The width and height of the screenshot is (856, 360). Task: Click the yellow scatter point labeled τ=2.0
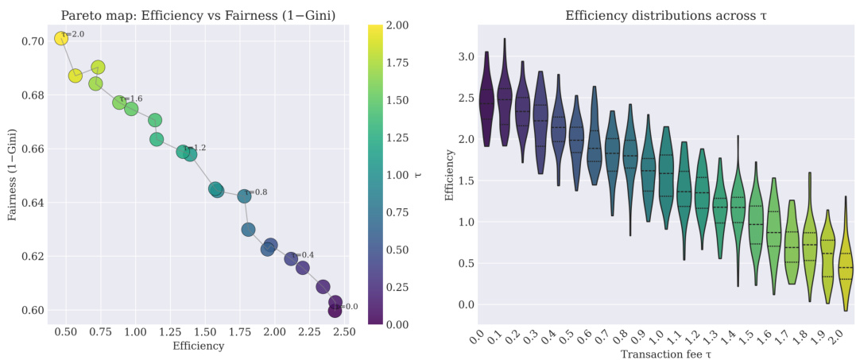(x=61, y=39)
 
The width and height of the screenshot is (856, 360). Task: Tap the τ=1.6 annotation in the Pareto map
(x=131, y=99)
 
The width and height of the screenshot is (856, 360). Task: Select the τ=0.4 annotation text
(x=303, y=255)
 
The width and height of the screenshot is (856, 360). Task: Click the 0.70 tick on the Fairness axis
(x=36, y=41)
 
